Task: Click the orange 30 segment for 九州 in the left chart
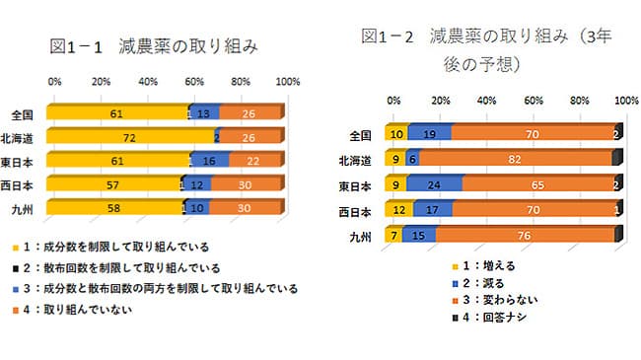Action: pos(247,206)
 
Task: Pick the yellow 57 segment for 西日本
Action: pos(115,183)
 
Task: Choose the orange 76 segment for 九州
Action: pos(523,234)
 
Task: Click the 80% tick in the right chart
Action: pos(580,101)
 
